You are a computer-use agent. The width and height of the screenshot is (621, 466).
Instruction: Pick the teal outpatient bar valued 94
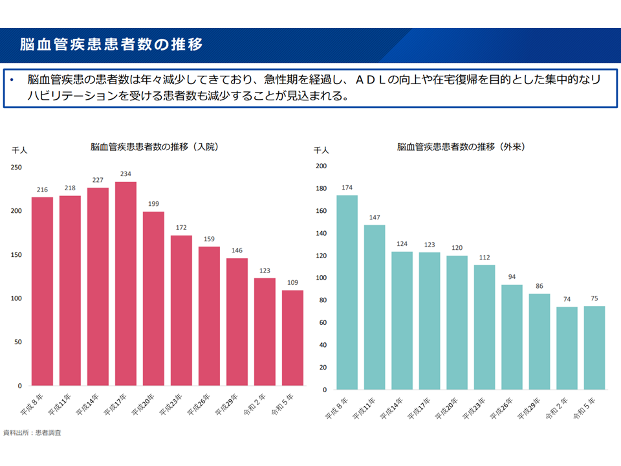pos(512,337)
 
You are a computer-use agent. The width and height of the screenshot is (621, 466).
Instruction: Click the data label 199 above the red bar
pos(153,205)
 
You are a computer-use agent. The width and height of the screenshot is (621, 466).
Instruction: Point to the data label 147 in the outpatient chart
pos(375,217)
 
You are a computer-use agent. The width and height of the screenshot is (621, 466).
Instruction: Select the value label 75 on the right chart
pos(594,298)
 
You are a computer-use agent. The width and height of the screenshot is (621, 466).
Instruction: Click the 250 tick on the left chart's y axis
pos(16,168)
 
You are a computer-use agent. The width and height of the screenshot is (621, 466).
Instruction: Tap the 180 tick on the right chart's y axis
pos(320,188)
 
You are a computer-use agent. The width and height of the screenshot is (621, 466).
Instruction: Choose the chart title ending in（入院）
pos(155,147)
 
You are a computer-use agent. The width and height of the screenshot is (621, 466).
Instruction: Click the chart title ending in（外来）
pos(461,147)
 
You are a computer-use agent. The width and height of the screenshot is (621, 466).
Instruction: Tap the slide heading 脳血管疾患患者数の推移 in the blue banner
pos(111,45)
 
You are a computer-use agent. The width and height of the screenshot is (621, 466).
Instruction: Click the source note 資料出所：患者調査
pos(32,432)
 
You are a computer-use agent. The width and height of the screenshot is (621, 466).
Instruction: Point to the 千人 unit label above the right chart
pos(321,150)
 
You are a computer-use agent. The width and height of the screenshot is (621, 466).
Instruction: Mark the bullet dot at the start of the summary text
pos(11,80)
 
